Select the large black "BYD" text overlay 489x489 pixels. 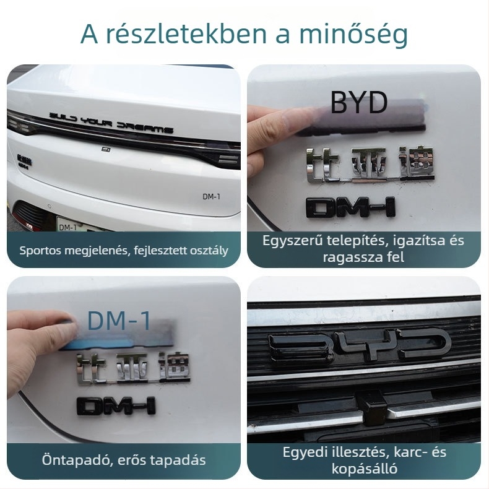pos(358,103)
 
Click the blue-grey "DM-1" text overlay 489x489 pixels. pos(119,321)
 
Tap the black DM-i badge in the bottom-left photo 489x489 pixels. pos(116,405)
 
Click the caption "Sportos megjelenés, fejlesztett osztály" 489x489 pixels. pos(124,251)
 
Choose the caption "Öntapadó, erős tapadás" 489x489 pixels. pos(124,460)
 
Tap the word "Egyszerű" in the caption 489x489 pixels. pos(288,241)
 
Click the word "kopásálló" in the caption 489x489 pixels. pos(363,468)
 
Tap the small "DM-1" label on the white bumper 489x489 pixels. pos(212,196)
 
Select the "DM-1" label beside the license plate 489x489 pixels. pos(67,227)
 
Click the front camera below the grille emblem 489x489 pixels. pos(373,405)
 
